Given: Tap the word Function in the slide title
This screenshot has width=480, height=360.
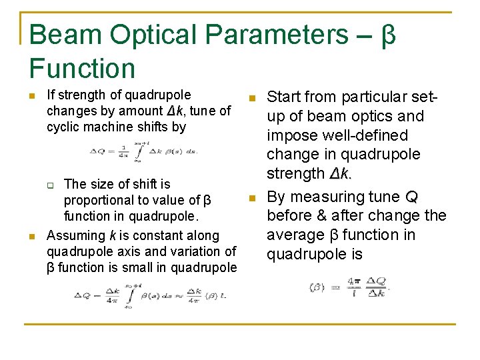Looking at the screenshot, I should [x=83, y=68].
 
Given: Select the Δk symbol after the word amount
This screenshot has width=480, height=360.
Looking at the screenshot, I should [x=175, y=111].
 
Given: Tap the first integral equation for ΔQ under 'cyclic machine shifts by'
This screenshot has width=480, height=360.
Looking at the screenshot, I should [x=143, y=153].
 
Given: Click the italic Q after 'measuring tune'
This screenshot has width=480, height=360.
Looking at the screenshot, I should [x=412, y=197].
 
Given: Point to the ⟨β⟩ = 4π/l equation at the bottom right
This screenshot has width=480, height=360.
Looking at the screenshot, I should [x=349, y=287].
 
